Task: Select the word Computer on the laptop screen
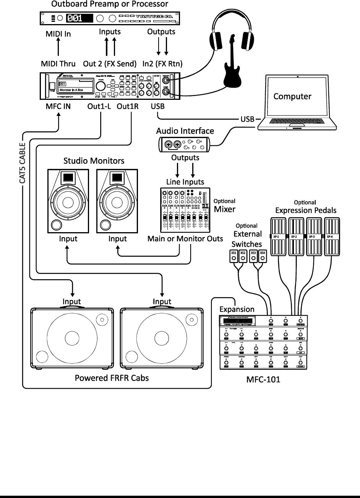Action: click(292, 96)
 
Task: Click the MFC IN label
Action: click(58, 106)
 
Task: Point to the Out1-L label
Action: click(99, 106)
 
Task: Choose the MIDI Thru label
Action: click(58, 63)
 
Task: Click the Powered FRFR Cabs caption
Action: click(112, 378)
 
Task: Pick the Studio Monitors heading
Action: click(94, 161)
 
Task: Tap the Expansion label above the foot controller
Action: click(237, 309)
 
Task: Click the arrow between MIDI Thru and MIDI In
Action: click(58, 49)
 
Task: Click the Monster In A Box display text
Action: click(71, 90)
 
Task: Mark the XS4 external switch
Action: click(262, 257)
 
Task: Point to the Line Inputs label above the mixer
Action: click(185, 182)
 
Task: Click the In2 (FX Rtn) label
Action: click(162, 63)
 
